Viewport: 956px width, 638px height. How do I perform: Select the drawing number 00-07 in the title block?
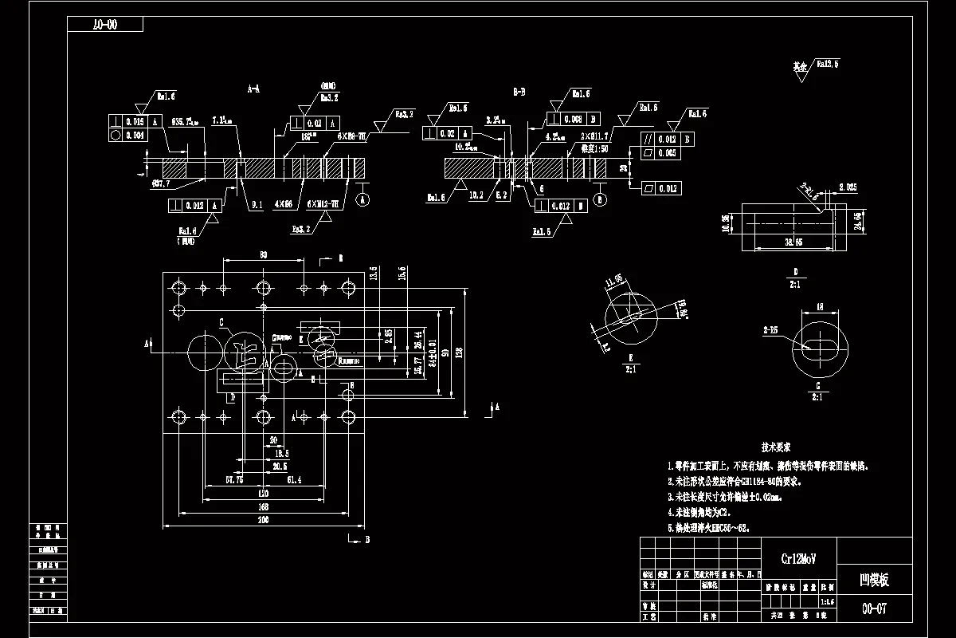coord(874,609)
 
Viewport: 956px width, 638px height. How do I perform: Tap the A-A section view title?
coord(253,90)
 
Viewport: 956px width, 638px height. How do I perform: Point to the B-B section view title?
coord(519,93)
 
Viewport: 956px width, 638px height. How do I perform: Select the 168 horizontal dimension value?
coord(263,506)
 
